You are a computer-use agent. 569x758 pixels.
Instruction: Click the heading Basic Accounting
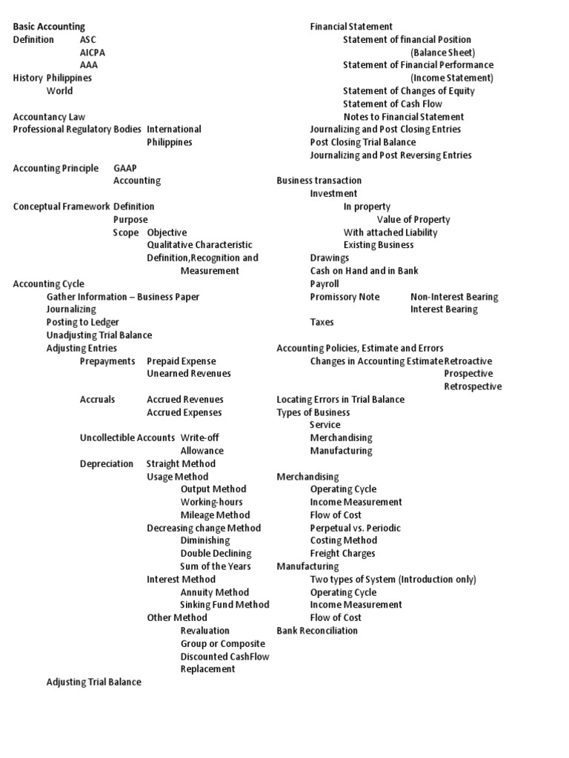pos(49,27)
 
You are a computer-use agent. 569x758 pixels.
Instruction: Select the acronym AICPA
pos(93,53)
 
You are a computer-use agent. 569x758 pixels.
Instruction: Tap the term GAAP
pos(125,168)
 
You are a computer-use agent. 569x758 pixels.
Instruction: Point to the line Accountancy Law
pos(49,116)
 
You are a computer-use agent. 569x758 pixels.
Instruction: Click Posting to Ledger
pos(82,322)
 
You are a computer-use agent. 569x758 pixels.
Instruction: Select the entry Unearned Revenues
pos(189,373)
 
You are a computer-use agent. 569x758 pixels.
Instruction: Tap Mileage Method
pos(215,514)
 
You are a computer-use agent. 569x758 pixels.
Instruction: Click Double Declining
pos(216,553)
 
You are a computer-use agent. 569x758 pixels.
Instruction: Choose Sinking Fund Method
pos(224,605)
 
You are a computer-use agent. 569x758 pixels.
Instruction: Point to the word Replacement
pos(207,668)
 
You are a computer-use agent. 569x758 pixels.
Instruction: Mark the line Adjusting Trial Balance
pos(93,682)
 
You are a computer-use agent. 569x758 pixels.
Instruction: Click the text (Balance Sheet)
pos(443,53)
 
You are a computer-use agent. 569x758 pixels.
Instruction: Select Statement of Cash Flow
pos(393,104)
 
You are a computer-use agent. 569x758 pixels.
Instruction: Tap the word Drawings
pos(330,258)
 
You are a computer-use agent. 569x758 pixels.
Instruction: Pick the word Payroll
pos(325,284)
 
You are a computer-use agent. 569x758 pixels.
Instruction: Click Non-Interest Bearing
pos(454,297)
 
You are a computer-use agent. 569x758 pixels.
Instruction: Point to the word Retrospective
pos(473,386)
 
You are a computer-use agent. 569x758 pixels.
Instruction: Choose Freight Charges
pos(342,553)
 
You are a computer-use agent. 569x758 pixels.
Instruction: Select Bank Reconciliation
pos(317,631)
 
